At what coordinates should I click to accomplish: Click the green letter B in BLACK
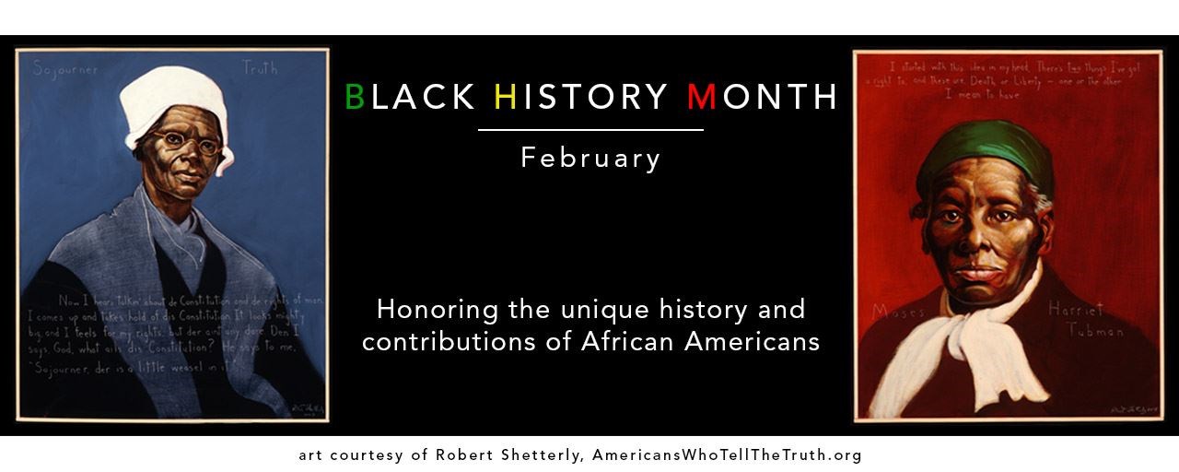355,96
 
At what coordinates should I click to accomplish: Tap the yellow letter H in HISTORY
505,96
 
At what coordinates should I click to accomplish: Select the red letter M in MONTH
701,96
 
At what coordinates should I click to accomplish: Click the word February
590,158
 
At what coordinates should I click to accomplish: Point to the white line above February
590,130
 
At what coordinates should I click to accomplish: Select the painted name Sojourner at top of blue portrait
65,68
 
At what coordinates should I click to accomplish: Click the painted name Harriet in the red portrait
1076,311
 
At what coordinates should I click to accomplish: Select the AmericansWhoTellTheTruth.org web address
728,455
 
